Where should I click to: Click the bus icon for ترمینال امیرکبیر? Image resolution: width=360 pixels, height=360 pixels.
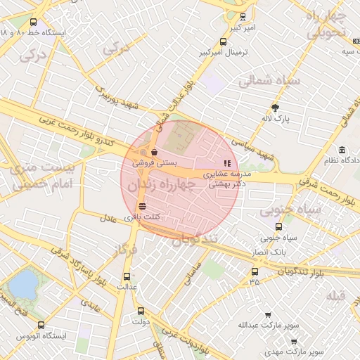click(x=224, y=41)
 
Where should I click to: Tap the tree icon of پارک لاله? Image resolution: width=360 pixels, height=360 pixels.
click(x=275, y=108)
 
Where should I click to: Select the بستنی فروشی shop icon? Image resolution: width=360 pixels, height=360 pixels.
click(x=154, y=151)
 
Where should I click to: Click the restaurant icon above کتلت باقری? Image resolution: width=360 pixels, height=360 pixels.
click(x=143, y=206)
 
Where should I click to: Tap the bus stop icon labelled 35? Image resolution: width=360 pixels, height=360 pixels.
click(x=254, y=271)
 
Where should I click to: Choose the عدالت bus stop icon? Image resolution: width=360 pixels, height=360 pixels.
click(x=127, y=276)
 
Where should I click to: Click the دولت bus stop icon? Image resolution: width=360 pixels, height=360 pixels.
click(x=141, y=311)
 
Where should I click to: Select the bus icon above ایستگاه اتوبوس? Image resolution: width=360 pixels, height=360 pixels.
click(x=41, y=326)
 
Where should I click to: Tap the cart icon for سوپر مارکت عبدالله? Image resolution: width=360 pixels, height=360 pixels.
click(x=267, y=315)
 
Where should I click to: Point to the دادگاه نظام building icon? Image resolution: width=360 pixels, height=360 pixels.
click(x=342, y=150)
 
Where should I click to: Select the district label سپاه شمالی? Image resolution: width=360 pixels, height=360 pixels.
click(x=269, y=81)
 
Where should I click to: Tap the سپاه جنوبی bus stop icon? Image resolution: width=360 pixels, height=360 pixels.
click(x=279, y=226)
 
